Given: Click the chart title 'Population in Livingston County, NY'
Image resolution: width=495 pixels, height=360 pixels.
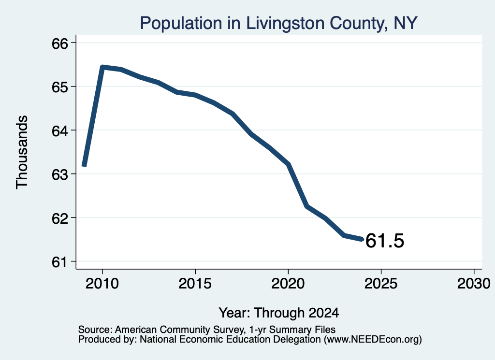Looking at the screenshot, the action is point(279,23).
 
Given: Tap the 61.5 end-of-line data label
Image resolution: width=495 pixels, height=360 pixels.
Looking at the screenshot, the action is point(384,241).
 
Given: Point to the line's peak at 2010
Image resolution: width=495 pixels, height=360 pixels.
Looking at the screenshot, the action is point(102,67).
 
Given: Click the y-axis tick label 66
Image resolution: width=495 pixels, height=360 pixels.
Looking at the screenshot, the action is point(59,43).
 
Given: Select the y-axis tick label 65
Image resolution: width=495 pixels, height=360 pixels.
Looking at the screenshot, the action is point(59,87).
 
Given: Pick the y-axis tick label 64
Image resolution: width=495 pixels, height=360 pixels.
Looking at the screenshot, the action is point(59,130).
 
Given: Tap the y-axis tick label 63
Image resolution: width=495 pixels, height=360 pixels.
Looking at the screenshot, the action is point(59,174).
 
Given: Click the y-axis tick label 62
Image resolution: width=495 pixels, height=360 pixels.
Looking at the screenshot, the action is point(59,218).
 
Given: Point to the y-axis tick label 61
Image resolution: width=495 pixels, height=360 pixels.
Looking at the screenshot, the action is point(59,262).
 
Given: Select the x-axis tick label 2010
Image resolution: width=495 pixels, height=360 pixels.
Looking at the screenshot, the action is point(102,284).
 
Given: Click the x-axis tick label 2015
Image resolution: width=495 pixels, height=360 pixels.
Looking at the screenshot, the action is point(195,284).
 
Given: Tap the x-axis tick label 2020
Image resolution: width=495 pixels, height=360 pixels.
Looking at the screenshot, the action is point(288,284).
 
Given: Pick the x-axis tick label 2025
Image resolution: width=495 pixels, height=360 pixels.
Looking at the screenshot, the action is point(381,284).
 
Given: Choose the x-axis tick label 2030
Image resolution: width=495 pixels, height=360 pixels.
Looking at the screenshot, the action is point(474,284).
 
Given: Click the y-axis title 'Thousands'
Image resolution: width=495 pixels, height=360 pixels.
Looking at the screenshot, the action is point(22,152).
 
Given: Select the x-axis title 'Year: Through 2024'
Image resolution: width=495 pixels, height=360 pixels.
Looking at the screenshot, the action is point(279,313).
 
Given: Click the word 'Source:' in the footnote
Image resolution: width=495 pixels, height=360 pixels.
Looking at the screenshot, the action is point(95,330).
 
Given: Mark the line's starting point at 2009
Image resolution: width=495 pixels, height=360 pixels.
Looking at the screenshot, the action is point(84,165).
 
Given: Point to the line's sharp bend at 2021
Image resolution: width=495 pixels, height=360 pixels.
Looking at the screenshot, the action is point(307,206).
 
